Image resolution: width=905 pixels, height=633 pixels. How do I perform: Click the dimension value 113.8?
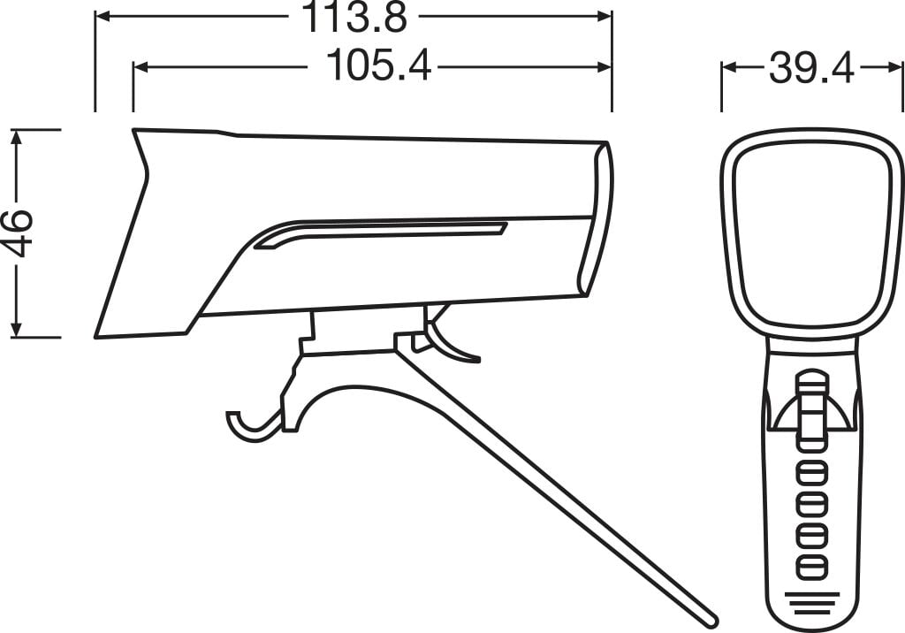click(x=355, y=18)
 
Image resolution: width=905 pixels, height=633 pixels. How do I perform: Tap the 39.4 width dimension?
click(x=810, y=67)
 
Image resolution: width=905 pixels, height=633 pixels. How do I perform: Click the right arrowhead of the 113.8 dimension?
click(x=605, y=17)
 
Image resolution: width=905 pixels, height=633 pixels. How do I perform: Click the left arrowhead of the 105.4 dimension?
click(x=141, y=65)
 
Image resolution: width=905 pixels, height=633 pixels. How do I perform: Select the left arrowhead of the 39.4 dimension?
click(x=728, y=67)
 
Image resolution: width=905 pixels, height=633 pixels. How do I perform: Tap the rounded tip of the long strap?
click(x=710, y=617)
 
